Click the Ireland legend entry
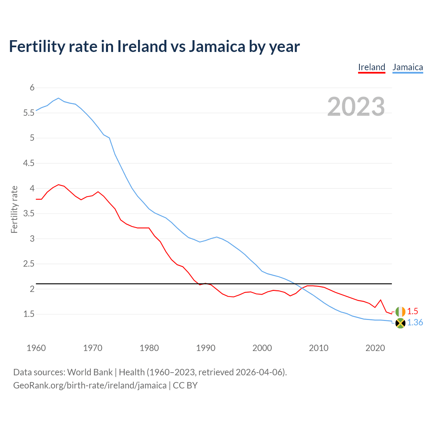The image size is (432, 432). (x=372, y=67)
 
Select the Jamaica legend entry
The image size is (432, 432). (x=408, y=67)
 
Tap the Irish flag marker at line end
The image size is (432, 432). (x=400, y=312)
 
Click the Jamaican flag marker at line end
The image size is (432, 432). (x=400, y=323)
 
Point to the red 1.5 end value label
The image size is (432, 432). (x=412, y=311)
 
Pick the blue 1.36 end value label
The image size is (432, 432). (x=415, y=323)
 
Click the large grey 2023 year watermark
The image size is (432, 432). (x=356, y=107)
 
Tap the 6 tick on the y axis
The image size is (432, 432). (x=32, y=88)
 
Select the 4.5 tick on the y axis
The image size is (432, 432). (x=29, y=163)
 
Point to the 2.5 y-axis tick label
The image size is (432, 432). (x=29, y=264)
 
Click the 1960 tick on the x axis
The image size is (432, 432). (x=36, y=348)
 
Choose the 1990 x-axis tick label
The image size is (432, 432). (x=206, y=348)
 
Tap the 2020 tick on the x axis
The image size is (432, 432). (x=375, y=348)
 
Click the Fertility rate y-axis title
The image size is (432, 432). (x=14, y=209)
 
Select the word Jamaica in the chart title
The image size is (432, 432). (x=217, y=46)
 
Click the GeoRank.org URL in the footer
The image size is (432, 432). (x=90, y=385)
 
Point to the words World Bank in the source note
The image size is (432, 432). (x=90, y=372)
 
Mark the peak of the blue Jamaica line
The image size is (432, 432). (x=58, y=98)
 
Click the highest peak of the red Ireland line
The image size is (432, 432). (x=58, y=185)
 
